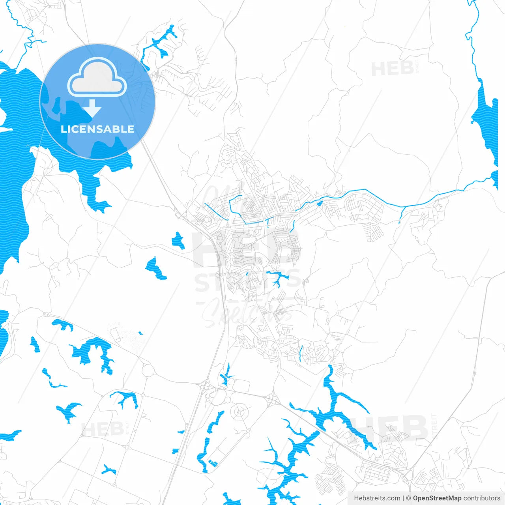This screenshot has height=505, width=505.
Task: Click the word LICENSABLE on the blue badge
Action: coord(97,129)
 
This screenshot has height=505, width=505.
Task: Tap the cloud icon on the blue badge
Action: coord(97,78)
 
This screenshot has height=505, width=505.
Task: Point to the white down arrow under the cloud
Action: coord(92,108)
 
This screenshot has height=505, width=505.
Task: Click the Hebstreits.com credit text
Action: coord(377,498)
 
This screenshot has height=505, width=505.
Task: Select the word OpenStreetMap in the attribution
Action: coord(437,498)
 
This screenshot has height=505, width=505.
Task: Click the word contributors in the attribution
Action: coord(481,498)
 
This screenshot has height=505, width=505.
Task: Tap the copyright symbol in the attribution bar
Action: coord(408,498)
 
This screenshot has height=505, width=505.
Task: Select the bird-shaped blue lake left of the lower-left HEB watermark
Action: coord(69,411)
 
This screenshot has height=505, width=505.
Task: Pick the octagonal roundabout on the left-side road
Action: coord(148,370)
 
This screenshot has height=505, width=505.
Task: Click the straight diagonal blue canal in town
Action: coord(216,211)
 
